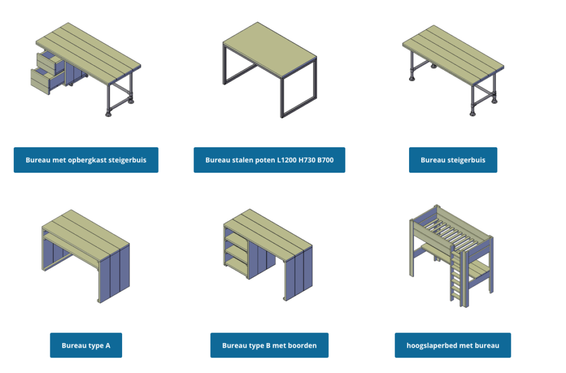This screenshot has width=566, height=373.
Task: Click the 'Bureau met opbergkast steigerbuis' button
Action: (x=86, y=160)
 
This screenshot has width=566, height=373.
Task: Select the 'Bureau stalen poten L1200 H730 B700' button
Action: (x=269, y=160)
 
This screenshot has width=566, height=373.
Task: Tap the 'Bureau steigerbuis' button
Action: (x=453, y=160)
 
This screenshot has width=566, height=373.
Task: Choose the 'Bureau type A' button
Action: (x=86, y=345)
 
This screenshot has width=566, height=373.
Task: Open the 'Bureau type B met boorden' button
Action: (x=269, y=345)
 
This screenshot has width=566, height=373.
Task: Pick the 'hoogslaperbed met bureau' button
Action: (x=453, y=345)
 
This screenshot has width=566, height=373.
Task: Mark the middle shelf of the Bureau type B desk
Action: (x=237, y=251)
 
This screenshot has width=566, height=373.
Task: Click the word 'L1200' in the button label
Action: (x=287, y=160)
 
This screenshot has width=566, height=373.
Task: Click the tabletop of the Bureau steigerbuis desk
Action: (x=453, y=54)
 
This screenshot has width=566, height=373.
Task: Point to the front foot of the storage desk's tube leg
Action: (x=108, y=114)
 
